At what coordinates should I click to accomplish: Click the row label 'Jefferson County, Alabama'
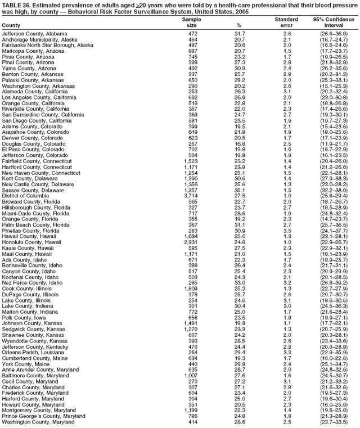click(35, 34)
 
